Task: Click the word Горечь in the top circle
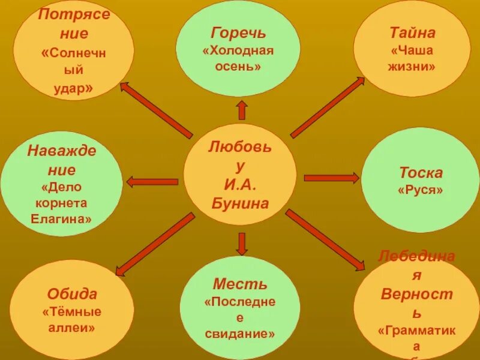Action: point(238,32)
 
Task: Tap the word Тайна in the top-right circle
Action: point(412,32)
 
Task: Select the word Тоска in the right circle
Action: point(421,173)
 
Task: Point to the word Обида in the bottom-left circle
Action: point(72,294)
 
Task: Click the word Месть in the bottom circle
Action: point(240,284)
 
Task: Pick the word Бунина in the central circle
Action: point(240,202)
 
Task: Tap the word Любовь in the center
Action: point(240,146)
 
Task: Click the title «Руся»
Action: point(421,190)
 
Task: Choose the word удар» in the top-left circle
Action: point(73,88)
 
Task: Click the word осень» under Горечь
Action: point(238,65)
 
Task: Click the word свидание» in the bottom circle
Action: point(240,333)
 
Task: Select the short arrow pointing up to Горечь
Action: point(242,110)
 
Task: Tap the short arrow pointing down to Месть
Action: point(242,243)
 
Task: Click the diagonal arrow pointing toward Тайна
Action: point(328,107)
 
